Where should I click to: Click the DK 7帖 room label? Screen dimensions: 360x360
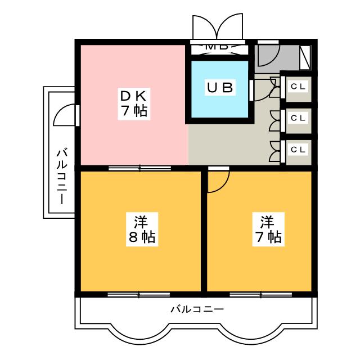point(134,102)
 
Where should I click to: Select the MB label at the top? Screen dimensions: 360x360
point(217,47)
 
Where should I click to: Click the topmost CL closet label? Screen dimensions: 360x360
point(298,87)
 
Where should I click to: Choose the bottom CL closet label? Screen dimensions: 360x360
point(298,149)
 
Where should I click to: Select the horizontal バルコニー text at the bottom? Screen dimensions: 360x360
point(197,309)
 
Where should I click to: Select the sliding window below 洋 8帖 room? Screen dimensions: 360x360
point(139,294)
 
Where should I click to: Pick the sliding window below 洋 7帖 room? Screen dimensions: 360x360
point(260,294)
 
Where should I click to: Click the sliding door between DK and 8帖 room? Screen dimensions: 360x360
point(139,168)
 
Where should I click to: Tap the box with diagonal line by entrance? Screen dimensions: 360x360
point(306,57)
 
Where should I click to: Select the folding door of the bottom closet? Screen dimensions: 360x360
point(275,150)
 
